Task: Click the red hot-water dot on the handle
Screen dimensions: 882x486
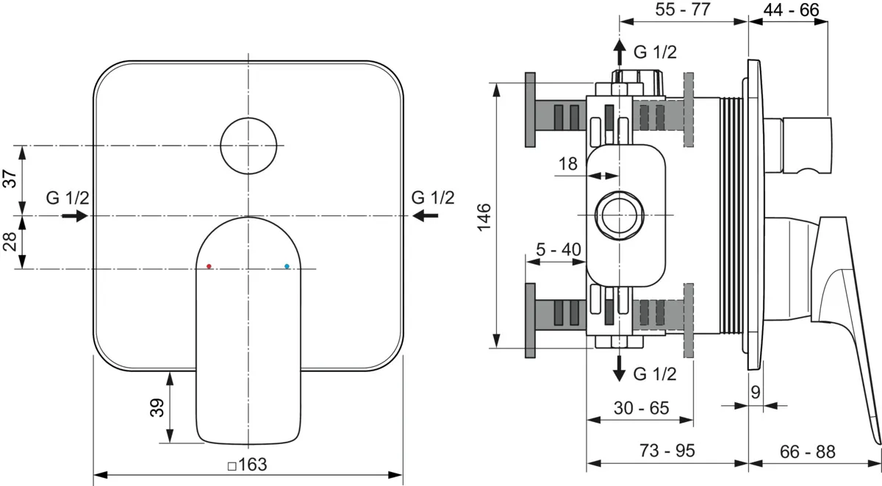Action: (x=209, y=266)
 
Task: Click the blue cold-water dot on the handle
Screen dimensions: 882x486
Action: (x=287, y=266)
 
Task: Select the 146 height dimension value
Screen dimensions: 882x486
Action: (x=484, y=218)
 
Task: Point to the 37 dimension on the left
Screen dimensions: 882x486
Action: (x=10, y=179)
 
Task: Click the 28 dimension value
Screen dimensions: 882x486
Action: (x=10, y=241)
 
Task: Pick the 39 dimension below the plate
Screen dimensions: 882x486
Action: (x=157, y=407)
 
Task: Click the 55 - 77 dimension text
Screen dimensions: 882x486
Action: (x=683, y=9)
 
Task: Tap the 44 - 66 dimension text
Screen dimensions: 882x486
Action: (x=792, y=10)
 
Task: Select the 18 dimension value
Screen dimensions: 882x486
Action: (x=567, y=163)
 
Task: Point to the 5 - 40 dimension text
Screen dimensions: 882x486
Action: (x=559, y=249)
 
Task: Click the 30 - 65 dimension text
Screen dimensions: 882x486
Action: (x=642, y=408)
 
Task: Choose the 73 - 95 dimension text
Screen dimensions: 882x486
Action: (x=667, y=451)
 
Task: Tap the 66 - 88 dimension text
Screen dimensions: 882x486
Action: (x=808, y=451)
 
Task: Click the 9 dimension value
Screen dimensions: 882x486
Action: (x=756, y=393)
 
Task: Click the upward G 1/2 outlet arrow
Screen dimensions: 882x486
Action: (x=620, y=52)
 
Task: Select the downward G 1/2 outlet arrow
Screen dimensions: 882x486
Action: (x=620, y=368)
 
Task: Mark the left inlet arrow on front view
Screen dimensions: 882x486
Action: (x=75, y=216)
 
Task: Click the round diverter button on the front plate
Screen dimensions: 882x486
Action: (x=248, y=146)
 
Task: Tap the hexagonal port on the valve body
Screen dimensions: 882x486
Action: (x=620, y=215)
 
